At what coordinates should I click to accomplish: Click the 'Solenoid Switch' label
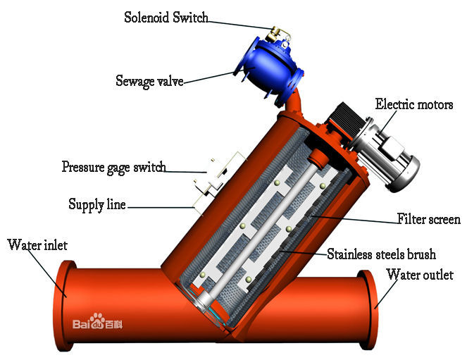point(166,18)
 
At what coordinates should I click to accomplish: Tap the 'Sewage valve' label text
point(149,81)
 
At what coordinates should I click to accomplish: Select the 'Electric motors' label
point(414,104)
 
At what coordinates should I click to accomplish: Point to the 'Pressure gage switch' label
point(113,168)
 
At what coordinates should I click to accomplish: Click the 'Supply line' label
point(97,205)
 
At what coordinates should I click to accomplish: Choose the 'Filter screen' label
point(428,219)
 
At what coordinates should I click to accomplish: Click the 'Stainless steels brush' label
point(381,254)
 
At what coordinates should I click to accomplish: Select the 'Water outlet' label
point(420,275)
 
